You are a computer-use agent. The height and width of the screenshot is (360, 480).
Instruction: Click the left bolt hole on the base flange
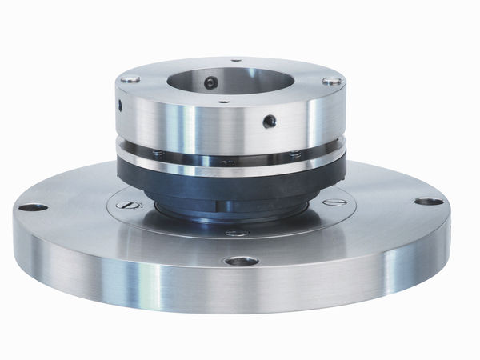click(x=33, y=207)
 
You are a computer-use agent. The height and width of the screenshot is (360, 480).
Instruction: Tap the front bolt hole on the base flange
click(x=241, y=261)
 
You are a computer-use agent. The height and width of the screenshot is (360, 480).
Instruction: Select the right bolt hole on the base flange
click(x=429, y=201)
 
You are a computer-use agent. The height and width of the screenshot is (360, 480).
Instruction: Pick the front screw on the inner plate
click(x=238, y=233)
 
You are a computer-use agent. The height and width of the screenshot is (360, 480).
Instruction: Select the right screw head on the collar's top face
click(x=332, y=81)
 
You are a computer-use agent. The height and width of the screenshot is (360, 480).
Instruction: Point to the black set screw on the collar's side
click(x=270, y=121)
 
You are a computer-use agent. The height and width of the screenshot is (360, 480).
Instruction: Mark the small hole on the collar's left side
click(x=119, y=105)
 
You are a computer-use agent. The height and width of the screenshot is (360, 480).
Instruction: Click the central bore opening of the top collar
click(x=232, y=79)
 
